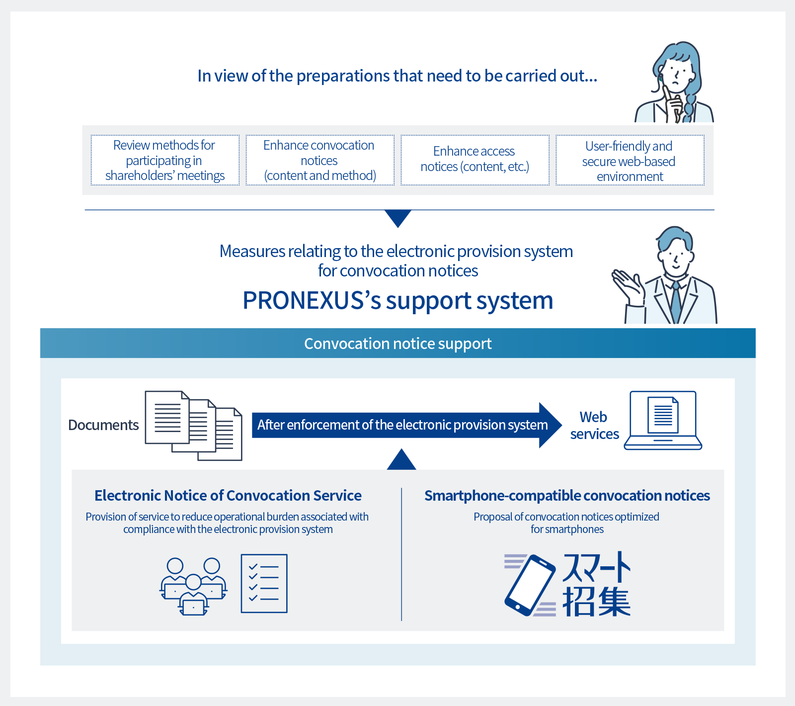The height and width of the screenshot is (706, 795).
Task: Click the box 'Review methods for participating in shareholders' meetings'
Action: pos(165,160)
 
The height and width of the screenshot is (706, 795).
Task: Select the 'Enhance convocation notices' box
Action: pos(320,160)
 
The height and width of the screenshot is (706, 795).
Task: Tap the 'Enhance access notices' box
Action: pos(475,160)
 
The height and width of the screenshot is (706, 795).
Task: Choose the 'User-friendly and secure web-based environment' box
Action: pos(630,160)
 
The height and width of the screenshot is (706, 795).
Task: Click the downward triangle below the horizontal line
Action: pos(398,218)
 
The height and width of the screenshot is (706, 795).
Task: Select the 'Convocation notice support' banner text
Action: pos(398,344)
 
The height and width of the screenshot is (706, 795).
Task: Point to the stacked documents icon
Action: pos(193,426)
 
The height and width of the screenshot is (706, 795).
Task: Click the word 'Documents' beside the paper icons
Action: pos(103,425)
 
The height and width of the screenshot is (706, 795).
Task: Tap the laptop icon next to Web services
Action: pos(663,421)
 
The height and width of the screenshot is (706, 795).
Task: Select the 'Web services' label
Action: pos(594,426)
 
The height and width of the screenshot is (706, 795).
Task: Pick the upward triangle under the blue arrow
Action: pos(401,459)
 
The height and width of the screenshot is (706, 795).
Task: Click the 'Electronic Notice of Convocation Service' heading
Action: pos(228,496)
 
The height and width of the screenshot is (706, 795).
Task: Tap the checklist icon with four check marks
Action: pos(264,583)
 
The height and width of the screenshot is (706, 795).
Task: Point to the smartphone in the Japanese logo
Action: pos(530,585)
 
